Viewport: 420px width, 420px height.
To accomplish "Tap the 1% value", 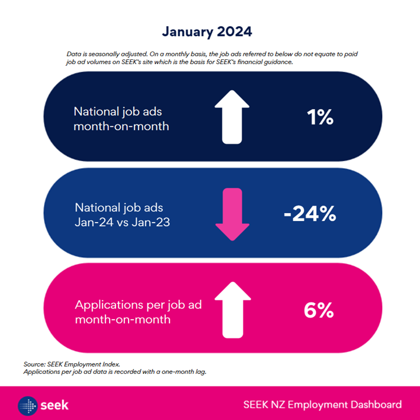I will (320, 117).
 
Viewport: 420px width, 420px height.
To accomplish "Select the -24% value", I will (309, 213).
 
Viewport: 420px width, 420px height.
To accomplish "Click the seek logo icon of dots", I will (28, 406).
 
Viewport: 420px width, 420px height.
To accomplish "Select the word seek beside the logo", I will (55, 406).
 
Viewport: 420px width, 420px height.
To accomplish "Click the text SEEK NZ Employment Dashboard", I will (322, 405).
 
